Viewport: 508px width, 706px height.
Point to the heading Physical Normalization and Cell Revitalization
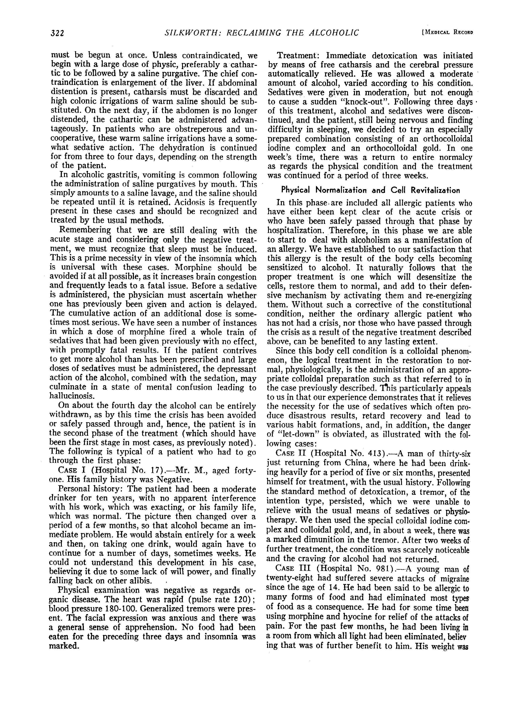(370, 190)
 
